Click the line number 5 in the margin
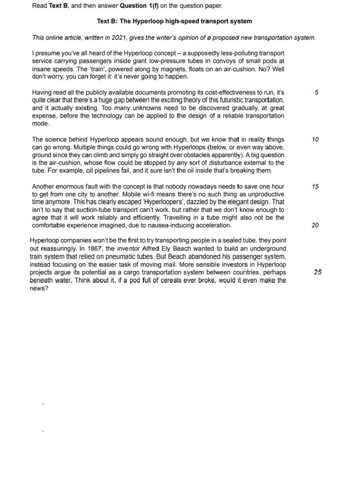317,93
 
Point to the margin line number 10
315,139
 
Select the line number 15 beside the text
315,187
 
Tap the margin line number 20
315,225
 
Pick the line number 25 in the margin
318,272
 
